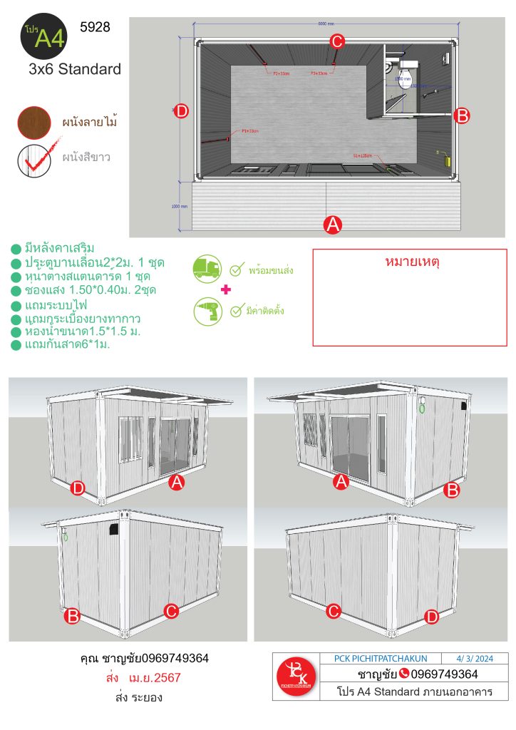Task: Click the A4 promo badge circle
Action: (43, 38)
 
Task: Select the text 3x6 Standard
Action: (75, 69)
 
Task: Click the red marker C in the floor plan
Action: (338, 41)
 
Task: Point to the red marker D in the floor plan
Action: (181, 110)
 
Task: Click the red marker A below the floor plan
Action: (332, 225)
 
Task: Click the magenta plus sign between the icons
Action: (227, 290)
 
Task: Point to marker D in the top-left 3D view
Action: (78, 488)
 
